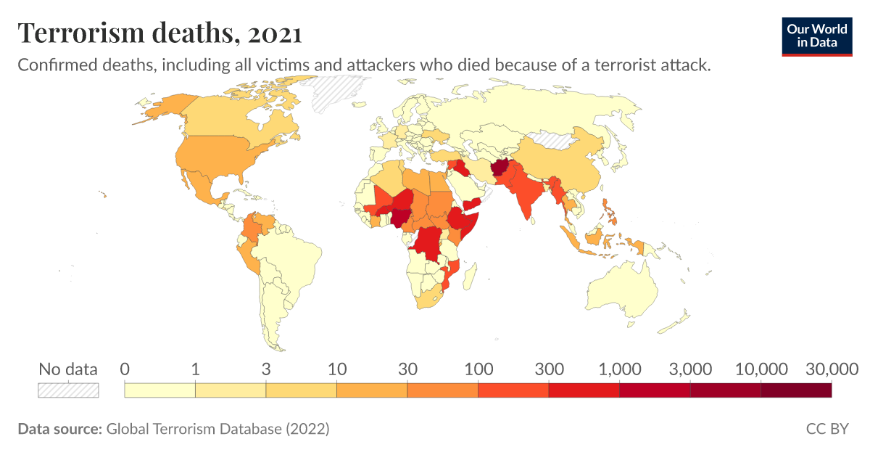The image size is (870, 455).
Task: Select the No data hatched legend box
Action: point(68,390)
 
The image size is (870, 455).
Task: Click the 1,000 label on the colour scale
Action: point(619,369)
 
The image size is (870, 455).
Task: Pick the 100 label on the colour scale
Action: point(478,369)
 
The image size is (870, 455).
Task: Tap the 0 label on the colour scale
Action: point(125,369)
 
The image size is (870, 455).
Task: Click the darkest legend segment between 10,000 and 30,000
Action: point(796,390)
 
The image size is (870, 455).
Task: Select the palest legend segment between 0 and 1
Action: point(160,390)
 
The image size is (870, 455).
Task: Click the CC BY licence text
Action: point(826,429)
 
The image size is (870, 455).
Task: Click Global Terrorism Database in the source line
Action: point(193,429)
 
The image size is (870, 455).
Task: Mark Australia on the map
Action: point(623,290)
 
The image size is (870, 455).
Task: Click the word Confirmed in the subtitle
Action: point(52,65)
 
